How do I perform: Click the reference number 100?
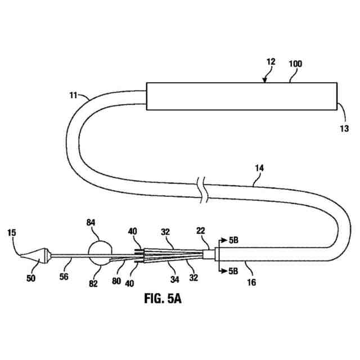tap(295, 64)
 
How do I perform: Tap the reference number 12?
tap(271, 62)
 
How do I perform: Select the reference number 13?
tap(344, 129)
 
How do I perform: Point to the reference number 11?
tap(74, 96)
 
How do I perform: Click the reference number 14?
tap(259, 167)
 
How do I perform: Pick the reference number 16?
tap(251, 282)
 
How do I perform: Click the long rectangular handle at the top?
tap(241, 97)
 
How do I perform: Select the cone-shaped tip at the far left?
tap(32, 255)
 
